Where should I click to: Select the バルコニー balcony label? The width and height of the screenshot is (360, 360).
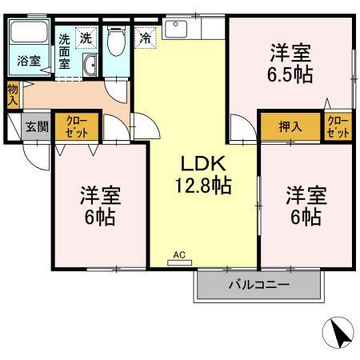point(259,286)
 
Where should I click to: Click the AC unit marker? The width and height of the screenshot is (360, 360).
point(179,255)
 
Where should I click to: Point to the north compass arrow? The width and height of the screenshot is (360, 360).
point(339,332)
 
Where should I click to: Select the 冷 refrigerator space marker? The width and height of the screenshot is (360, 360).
point(146,37)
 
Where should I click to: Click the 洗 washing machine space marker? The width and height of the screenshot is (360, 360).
point(86,36)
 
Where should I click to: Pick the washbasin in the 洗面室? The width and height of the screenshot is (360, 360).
point(90,66)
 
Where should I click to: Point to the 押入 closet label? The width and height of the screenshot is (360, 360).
point(290,126)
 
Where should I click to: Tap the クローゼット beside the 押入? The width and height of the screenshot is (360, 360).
point(338,126)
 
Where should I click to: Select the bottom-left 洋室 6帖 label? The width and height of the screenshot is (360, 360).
point(100,204)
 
